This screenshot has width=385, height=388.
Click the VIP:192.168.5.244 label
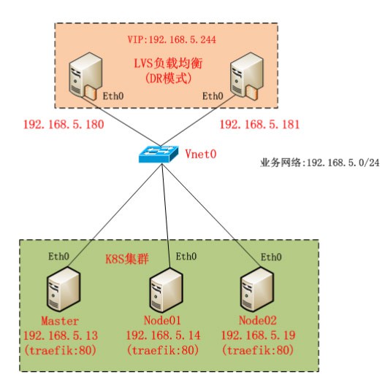coord(172,39)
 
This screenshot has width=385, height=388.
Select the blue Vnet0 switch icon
coord(159,154)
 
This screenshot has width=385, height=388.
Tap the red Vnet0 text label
coord(201,154)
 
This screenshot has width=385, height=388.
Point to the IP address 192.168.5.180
coord(64,124)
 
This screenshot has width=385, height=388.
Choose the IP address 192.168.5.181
coord(260,124)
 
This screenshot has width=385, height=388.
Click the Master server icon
coord(64,289)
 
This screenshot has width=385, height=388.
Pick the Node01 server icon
coord(167,290)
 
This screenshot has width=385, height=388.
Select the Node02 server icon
coord(257,289)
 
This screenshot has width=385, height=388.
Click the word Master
coord(60,321)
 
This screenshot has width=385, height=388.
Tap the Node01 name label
coord(162,320)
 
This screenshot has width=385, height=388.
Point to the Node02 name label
coord(258,320)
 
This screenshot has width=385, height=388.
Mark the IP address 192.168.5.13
coord(61,335)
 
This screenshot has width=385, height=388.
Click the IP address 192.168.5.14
coord(163,335)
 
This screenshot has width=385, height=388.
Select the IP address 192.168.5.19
coord(259,335)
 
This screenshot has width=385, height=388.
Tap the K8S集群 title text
coord(127,259)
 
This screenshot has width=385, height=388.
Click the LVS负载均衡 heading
coord(168,63)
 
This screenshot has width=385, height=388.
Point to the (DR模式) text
coord(168,79)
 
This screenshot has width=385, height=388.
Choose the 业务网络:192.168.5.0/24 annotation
coord(320,163)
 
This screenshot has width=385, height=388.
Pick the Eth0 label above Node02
coord(271,257)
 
